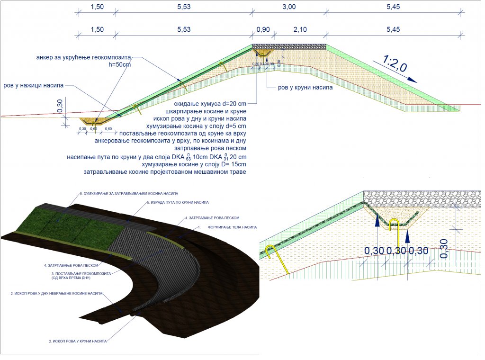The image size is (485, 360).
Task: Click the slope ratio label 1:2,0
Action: tap(395, 65)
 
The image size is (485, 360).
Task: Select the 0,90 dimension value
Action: tap(263, 29)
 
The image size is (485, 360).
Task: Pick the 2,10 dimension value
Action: tap(300, 29)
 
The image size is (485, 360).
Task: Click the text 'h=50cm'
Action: tap(119, 65)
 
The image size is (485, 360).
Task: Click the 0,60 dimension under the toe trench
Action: tap(95, 129)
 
